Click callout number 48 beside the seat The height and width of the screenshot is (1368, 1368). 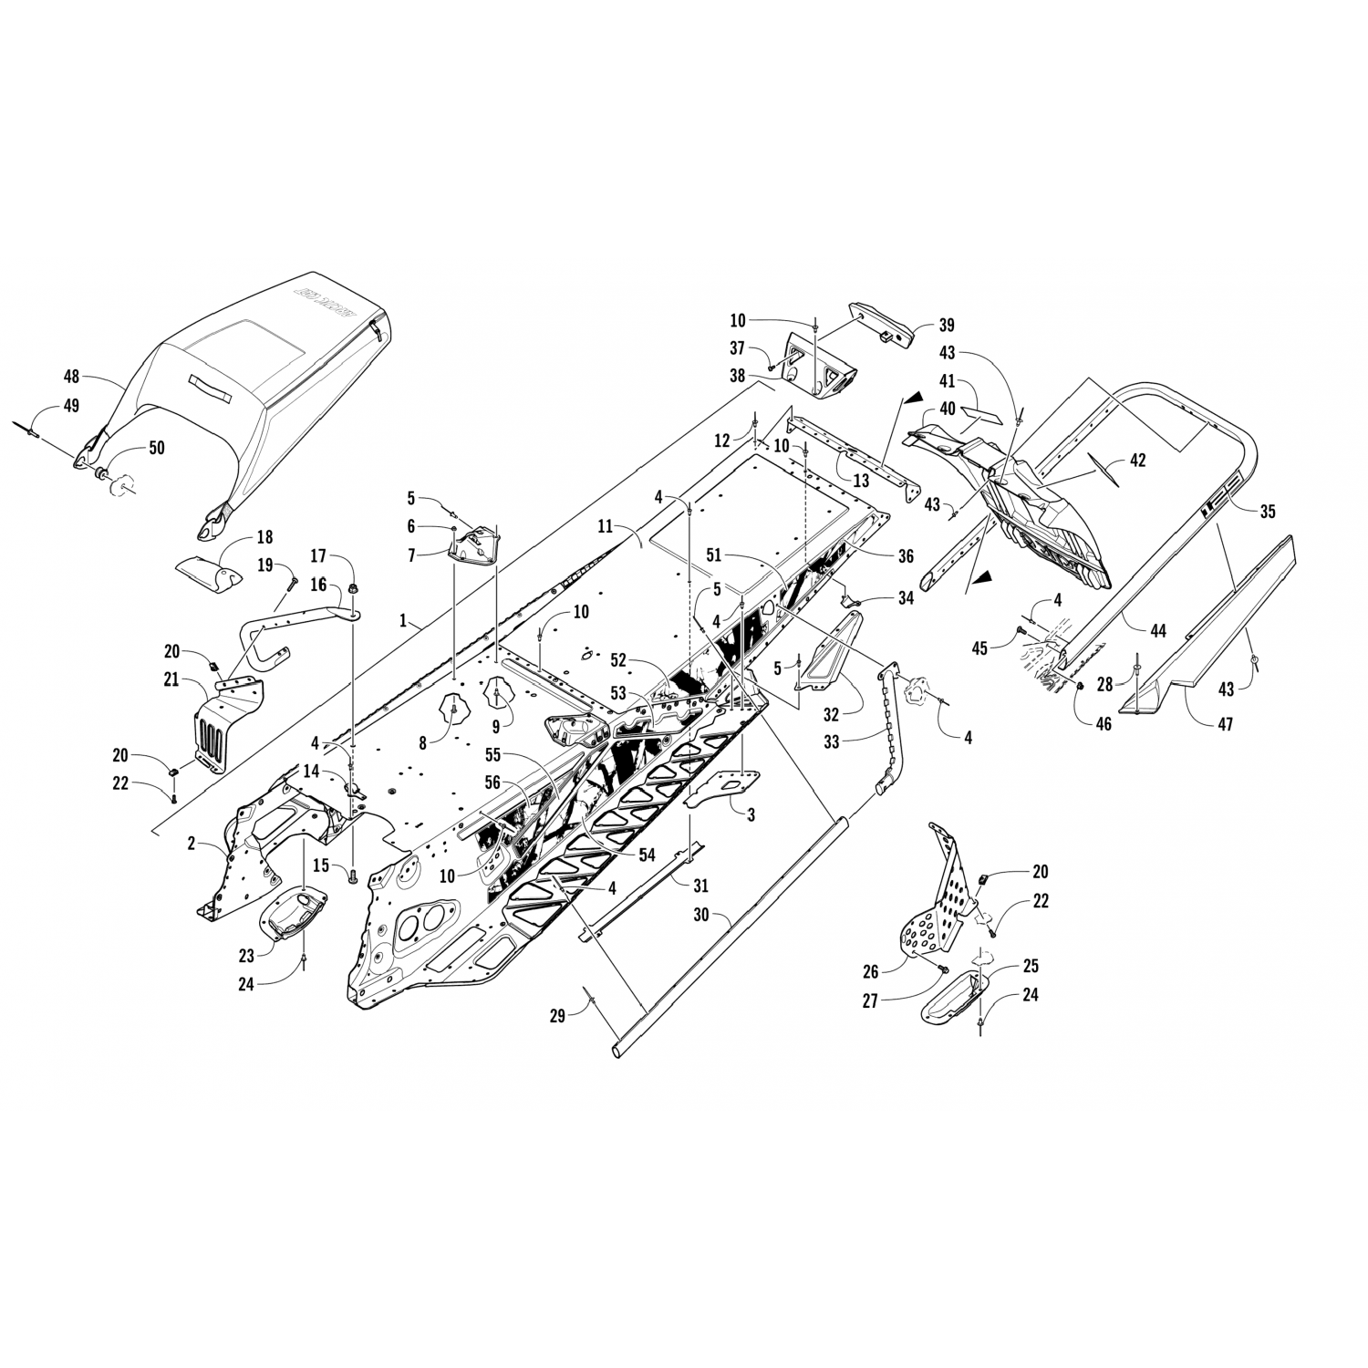(x=72, y=376)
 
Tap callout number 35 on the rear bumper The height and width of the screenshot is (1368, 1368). (x=1268, y=512)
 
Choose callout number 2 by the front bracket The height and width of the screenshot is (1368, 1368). (x=192, y=844)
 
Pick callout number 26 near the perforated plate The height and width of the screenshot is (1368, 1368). (x=872, y=973)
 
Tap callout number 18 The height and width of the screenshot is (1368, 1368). (x=264, y=538)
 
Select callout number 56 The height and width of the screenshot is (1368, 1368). (x=492, y=781)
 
